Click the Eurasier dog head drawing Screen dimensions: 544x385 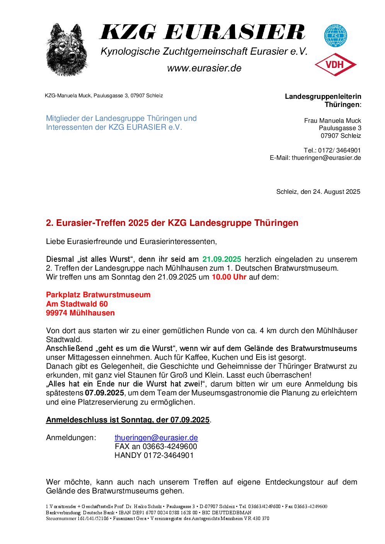pos(67,49)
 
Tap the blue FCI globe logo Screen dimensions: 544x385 pos(335,36)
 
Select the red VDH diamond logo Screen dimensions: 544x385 pos(335,64)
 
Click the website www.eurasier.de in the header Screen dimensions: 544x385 pos(204,68)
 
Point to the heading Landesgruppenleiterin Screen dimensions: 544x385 pos(323,97)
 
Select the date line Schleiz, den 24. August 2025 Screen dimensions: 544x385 pos(318,192)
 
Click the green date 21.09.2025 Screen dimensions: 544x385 pos(221,259)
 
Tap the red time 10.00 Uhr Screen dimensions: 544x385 pos(229,277)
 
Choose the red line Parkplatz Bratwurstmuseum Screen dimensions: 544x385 pos(98,295)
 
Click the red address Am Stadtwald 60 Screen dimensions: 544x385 pos(77,304)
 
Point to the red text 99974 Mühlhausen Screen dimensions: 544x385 pos(80,313)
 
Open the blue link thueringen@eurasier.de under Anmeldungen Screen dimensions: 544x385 pos(156,438)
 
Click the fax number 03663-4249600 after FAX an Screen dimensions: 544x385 pos(170,447)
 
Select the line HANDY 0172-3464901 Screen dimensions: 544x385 pos(154,456)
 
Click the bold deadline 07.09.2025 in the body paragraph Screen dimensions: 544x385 pos(104,393)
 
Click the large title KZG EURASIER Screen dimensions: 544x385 pos(203,32)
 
